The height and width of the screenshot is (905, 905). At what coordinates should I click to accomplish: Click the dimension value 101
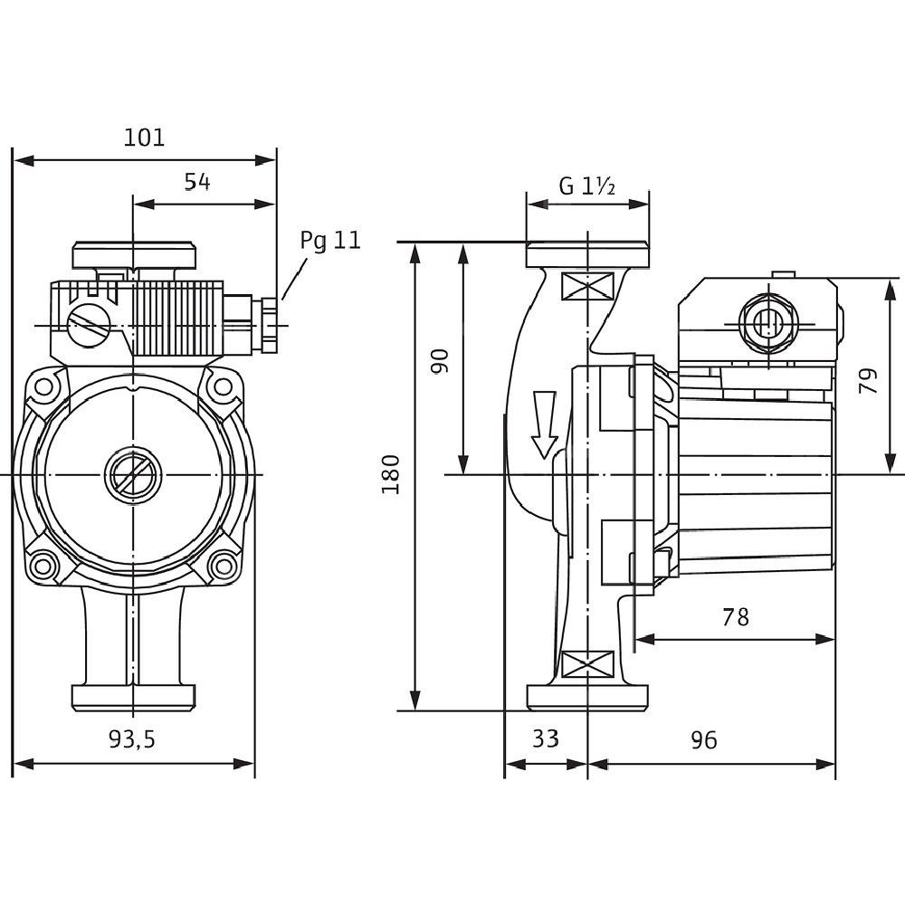145,138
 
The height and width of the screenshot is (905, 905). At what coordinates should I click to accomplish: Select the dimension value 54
197,182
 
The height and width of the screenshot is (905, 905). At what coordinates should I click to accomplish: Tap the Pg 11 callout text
330,240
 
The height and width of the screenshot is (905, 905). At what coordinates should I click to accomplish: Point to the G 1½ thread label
587,186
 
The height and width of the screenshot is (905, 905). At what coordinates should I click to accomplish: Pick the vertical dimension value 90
440,361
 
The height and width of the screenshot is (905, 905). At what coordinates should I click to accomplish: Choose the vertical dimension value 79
868,379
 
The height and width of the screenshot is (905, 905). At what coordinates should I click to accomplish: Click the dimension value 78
736,617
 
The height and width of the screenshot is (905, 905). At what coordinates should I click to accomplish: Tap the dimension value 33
545,739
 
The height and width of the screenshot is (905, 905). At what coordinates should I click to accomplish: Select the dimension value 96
703,740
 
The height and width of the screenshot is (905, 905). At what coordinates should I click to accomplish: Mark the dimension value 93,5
132,740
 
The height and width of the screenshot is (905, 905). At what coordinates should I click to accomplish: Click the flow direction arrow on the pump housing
544,424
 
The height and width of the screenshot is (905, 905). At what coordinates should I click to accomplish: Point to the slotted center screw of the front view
132,473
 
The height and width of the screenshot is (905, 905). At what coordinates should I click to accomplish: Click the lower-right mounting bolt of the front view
220,567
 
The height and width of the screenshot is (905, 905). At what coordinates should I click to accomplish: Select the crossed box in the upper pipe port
587,287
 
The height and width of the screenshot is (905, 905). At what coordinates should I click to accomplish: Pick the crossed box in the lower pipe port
587,665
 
